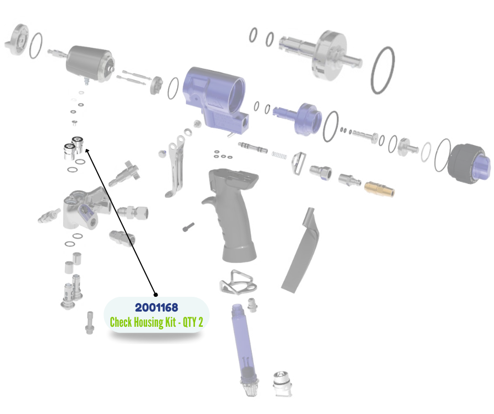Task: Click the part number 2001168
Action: tap(156, 307)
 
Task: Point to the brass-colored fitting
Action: tap(379, 189)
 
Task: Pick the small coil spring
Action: tap(279, 155)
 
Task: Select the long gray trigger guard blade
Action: tap(301, 251)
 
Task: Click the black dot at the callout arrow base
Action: tap(156, 295)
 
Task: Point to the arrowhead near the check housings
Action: tap(87, 151)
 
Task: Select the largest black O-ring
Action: tap(383, 70)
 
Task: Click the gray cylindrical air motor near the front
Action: tap(90, 64)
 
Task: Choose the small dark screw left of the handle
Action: tap(188, 227)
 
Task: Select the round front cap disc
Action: tap(17, 40)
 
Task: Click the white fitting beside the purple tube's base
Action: tap(283, 384)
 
